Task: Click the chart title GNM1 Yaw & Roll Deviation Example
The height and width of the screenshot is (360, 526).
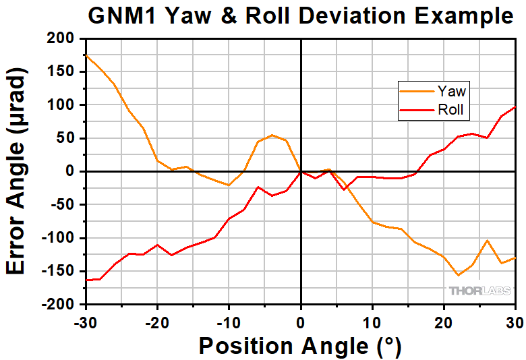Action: [x=300, y=16]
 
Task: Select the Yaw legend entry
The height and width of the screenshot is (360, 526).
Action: [x=451, y=91]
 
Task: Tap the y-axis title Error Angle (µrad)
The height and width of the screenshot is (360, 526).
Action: [x=19, y=172]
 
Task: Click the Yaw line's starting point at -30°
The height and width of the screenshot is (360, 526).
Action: [x=86, y=55]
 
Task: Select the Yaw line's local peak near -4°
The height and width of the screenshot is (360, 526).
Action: [x=272, y=135]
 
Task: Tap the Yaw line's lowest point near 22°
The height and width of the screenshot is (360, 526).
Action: [x=458, y=275]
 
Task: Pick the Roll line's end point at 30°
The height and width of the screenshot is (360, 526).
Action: [x=515, y=107]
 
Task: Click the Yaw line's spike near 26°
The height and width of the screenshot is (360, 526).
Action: [x=487, y=241]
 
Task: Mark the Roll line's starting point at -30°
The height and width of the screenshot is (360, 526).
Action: [x=86, y=280]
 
